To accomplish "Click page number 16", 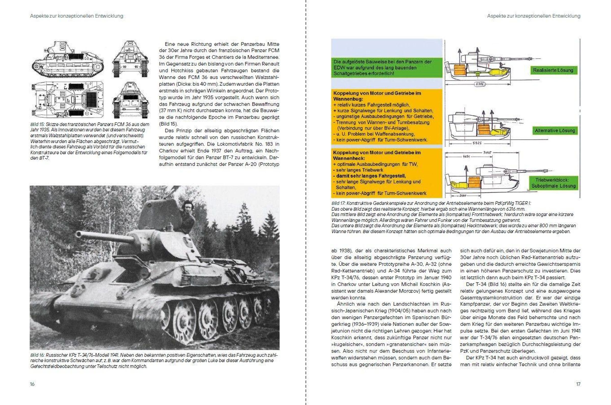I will (x=32, y=384).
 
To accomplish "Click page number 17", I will (x=578, y=384).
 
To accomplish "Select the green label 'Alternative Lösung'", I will (x=555, y=131).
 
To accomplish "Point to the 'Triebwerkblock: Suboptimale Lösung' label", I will (x=553, y=183).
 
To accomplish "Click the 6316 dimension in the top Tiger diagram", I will (x=480, y=84).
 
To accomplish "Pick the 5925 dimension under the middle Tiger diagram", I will (x=477, y=143).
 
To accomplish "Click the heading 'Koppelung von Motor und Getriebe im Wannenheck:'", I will (x=377, y=155).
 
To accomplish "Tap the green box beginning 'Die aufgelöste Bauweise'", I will (x=386, y=68).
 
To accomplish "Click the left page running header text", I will (x=77, y=16).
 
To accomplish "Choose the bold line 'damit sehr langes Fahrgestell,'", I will (x=371, y=176).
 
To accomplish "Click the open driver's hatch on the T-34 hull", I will (x=127, y=276).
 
